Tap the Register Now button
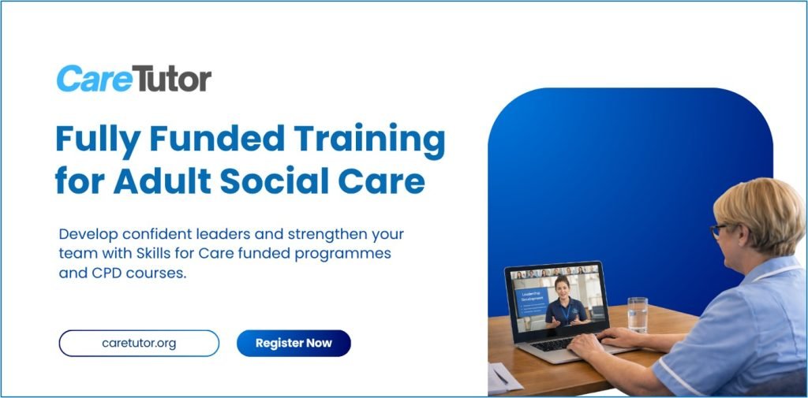pos(294,343)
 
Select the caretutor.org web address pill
pos(139,344)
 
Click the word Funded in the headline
pos(217,139)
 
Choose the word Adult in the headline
pos(163,180)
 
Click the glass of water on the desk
pos(637,314)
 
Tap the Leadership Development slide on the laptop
pos(531,301)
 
